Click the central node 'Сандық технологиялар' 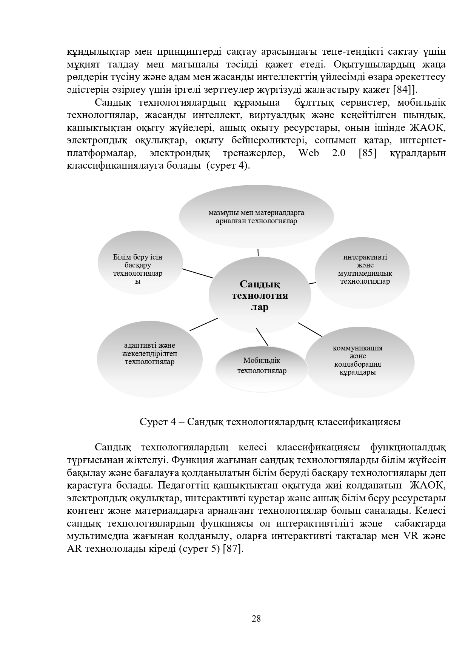pos(260,295)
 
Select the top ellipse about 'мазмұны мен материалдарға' pos(256,217)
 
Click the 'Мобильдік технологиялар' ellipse pos(262,366)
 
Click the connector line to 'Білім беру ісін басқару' pos(197,273)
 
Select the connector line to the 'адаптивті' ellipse pos(203,324)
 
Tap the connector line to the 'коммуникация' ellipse pos(310,329)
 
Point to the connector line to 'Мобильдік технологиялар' pos(262,337)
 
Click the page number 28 pos(256,619)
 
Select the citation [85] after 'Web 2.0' pos(368,153)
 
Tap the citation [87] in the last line pos(231,549)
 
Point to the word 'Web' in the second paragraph pos(308,153)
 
